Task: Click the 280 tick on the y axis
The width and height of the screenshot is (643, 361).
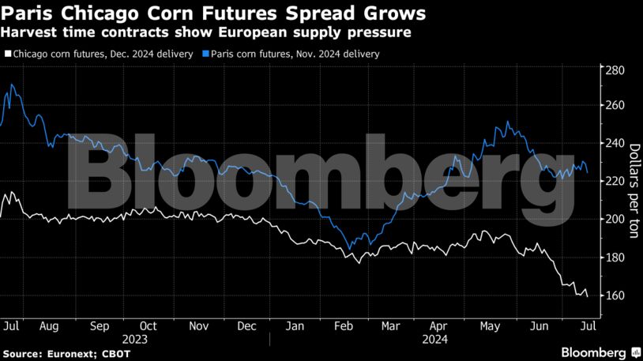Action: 614,70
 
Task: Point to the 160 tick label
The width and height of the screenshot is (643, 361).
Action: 614,295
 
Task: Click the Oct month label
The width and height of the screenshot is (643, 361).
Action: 148,325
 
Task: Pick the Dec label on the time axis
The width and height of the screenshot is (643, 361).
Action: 247,325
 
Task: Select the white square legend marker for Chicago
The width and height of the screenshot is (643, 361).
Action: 8,55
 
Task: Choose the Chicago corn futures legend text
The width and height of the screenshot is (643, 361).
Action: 103,55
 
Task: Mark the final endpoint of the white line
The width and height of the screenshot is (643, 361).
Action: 587,296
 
